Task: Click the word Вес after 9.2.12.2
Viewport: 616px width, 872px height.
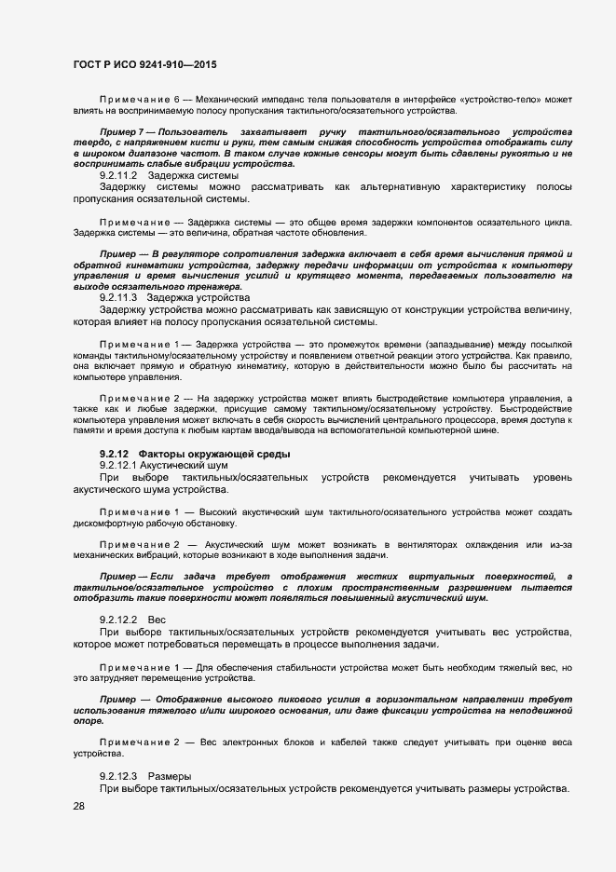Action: (x=157, y=620)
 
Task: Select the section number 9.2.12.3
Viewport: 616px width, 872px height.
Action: (x=118, y=776)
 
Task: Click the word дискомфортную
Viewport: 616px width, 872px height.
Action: (x=113, y=525)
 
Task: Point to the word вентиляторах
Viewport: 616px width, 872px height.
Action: (x=410, y=543)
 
